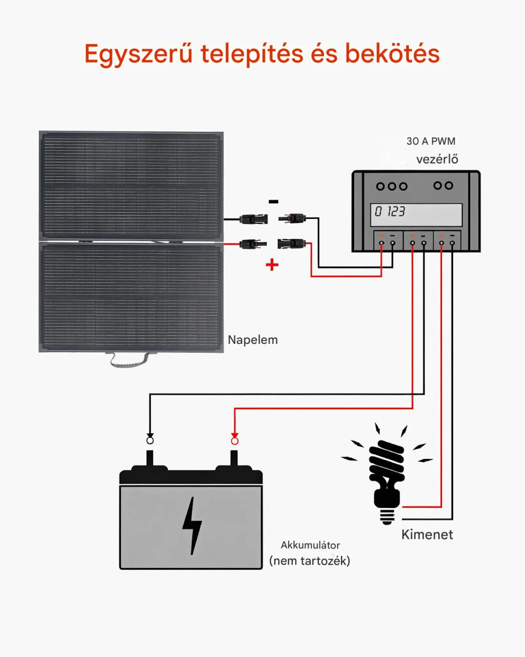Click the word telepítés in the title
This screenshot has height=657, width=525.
click(252, 54)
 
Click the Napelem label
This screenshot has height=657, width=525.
click(253, 340)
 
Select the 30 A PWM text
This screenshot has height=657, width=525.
click(431, 141)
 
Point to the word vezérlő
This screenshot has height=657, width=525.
click(437, 159)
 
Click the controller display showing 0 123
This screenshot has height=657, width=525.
click(416, 214)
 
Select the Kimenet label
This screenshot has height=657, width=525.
click(427, 535)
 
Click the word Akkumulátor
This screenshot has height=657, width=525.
click(310, 545)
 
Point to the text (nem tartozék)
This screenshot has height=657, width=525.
click(310, 561)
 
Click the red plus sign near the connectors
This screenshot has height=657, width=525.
click(272, 265)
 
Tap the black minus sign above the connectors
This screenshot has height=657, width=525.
click(273, 202)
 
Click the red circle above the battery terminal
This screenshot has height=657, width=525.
click(235, 441)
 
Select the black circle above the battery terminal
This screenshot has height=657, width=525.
click(150, 440)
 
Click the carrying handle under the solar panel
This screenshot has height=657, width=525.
click(130, 360)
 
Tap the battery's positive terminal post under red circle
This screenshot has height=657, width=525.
click(234, 458)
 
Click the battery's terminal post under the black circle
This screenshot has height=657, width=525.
click(150, 458)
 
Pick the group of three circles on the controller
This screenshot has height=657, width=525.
click(392, 186)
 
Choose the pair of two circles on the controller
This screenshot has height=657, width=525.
click(443, 186)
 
